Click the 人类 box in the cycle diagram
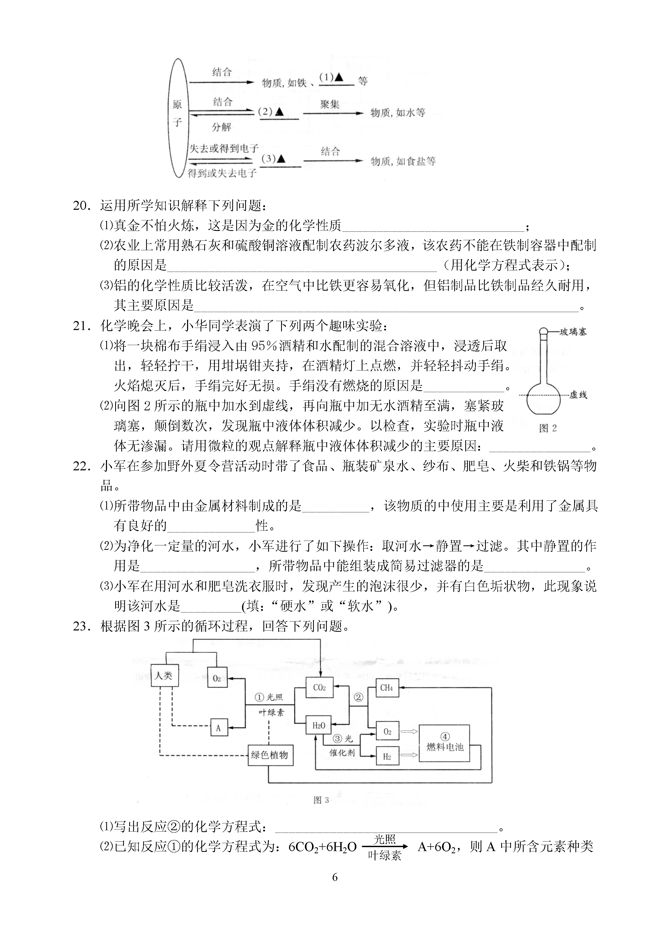pos(165,675)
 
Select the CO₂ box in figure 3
pos(319,688)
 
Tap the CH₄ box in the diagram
pos(387,688)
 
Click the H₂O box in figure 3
pos(319,725)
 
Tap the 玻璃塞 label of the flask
pos(573,332)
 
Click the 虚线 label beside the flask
pos(578,395)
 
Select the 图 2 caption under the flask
pos(548,428)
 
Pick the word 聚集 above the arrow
pos(330,104)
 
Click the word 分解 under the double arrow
pos(222,127)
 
